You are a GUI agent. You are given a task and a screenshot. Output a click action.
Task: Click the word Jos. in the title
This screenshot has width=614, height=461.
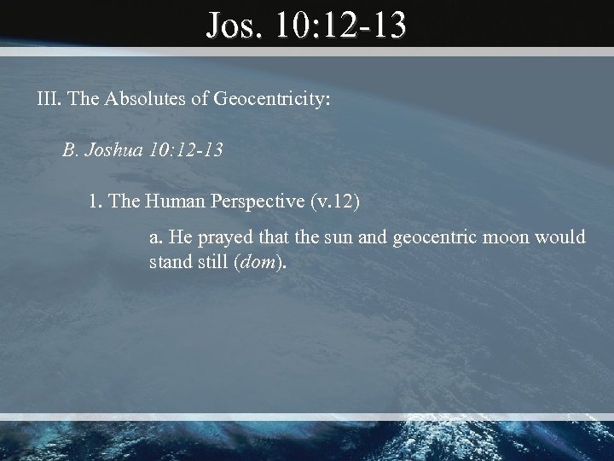pos(236,26)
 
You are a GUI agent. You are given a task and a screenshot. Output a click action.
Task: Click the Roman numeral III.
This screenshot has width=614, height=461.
pos(49,99)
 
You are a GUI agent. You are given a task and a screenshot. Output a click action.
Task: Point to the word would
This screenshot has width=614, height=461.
pos(563,237)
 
